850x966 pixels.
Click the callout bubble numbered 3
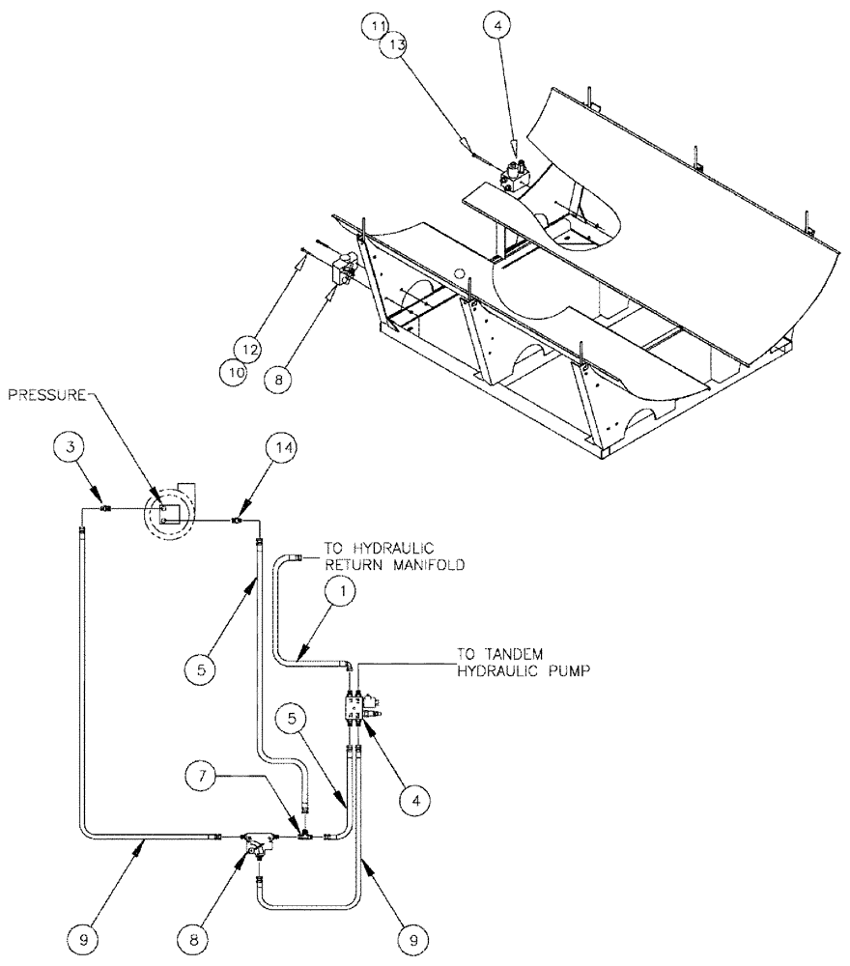(70, 448)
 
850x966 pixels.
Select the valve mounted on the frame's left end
(342, 272)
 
